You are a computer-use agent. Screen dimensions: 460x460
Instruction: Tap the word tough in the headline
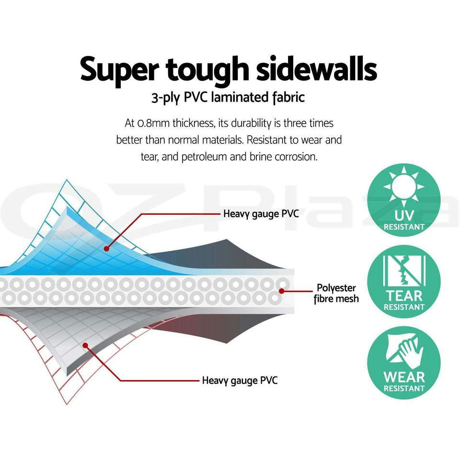[207, 69]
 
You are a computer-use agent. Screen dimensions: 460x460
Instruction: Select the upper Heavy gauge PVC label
[261, 214]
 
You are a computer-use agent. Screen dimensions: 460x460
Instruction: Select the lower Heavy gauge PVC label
[240, 381]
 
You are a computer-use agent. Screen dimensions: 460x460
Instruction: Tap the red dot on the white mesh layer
[282, 290]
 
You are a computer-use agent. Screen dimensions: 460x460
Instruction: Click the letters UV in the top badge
[404, 215]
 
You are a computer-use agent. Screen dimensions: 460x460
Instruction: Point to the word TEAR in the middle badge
[404, 295]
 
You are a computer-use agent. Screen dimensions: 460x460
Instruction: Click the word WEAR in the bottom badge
[404, 376]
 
